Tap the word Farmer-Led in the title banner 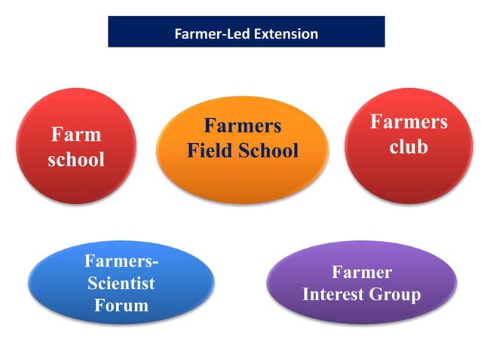pyautogui.click(x=211, y=34)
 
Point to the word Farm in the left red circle pyautogui.click(x=76, y=135)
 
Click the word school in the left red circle pyautogui.click(x=76, y=160)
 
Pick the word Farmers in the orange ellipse pyautogui.click(x=242, y=125)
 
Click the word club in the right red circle pyautogui.click(x=408, y=146)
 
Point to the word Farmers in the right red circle pyautogui.click(x=408, y=122)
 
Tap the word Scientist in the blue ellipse pyautogui.click(x=121, y=284)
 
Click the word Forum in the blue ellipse pyautogui.click(x=121, y=305)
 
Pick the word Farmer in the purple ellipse pyautogui.click(x=362, y=272)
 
